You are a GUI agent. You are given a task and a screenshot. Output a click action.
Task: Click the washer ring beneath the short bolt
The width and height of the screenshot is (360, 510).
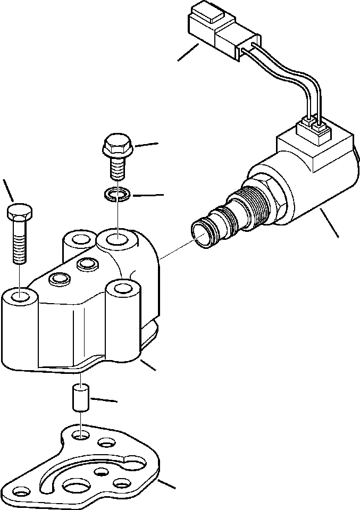point(115,194)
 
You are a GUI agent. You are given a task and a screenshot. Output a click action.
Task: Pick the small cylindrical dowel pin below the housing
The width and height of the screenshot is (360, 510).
point(79,400)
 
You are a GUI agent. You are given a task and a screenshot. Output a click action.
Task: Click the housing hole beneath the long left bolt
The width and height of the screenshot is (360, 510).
point(19,296)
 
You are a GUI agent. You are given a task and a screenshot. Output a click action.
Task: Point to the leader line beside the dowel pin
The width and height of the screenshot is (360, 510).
point(104,399)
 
